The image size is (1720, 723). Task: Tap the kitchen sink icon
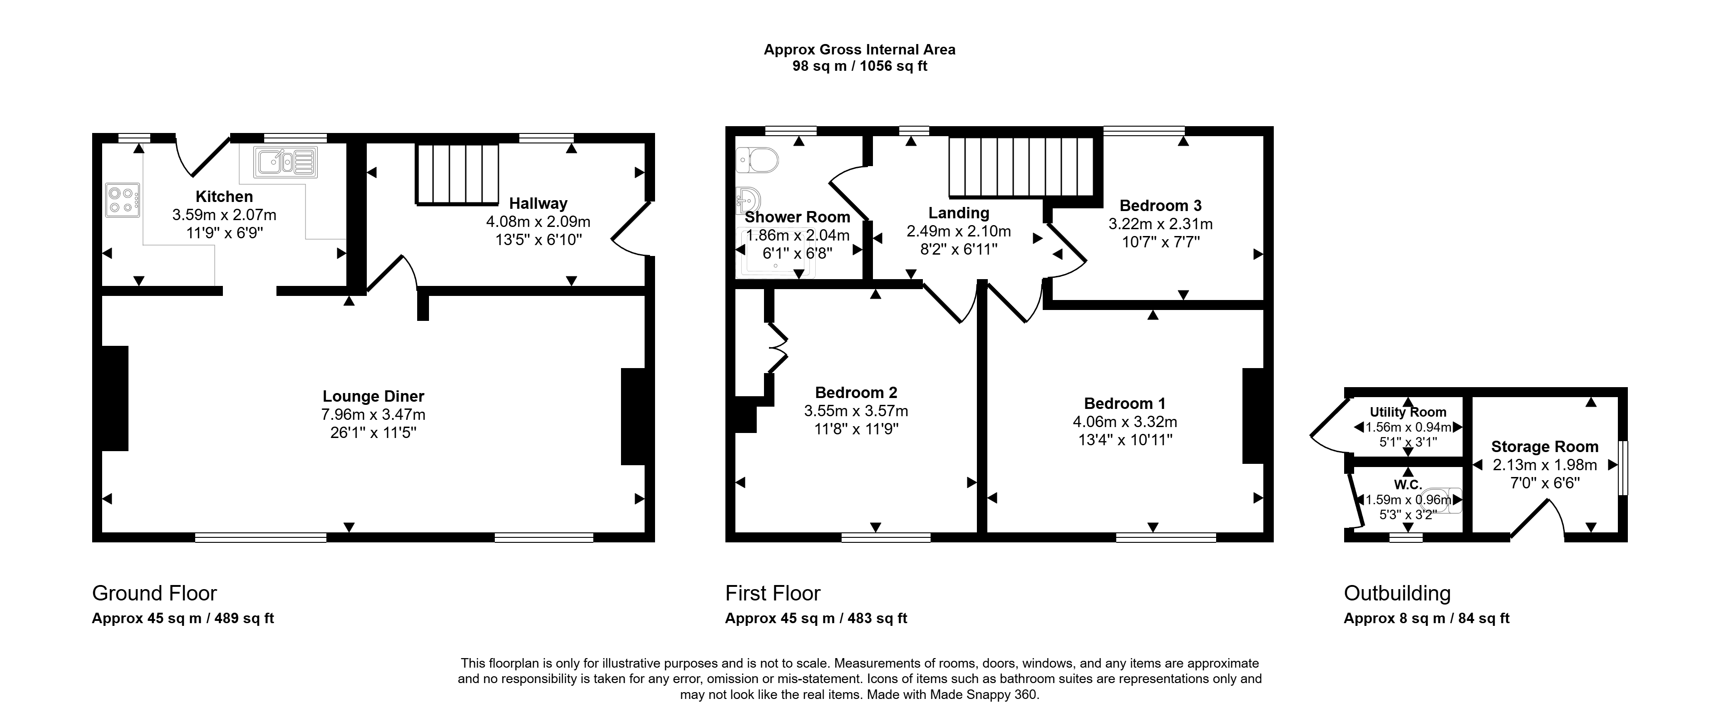pyautogui.click(x=285, y=162)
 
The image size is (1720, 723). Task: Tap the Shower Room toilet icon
pyautogui.click(x=757, y=161)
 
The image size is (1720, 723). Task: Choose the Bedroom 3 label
pyautogui.click(x=1160, y=206)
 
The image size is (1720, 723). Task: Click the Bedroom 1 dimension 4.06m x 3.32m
pyautogui.click(x=1125, y=422)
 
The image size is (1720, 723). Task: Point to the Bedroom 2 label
pyautogui.click(x=856, y=393)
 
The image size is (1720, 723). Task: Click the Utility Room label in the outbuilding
pyautogui.click(x=1408, y=413)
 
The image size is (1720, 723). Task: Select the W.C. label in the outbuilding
pyautogui.click(x=1408, y=485)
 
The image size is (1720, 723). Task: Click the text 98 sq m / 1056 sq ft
pyautogui.click(x=860, y=66)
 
